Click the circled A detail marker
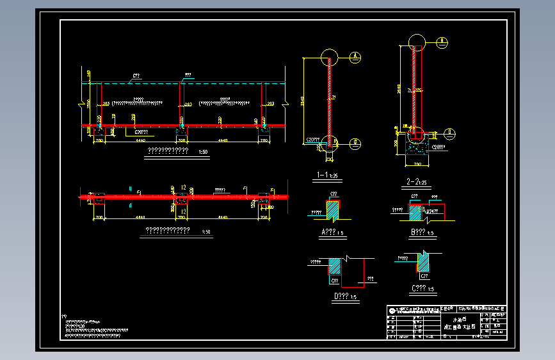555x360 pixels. coord(355,56)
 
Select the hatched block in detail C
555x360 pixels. coord(423,261)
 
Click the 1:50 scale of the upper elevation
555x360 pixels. coord(204,152)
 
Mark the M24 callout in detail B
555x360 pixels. coord(433,211)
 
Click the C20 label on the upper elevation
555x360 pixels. coord(141,131)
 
